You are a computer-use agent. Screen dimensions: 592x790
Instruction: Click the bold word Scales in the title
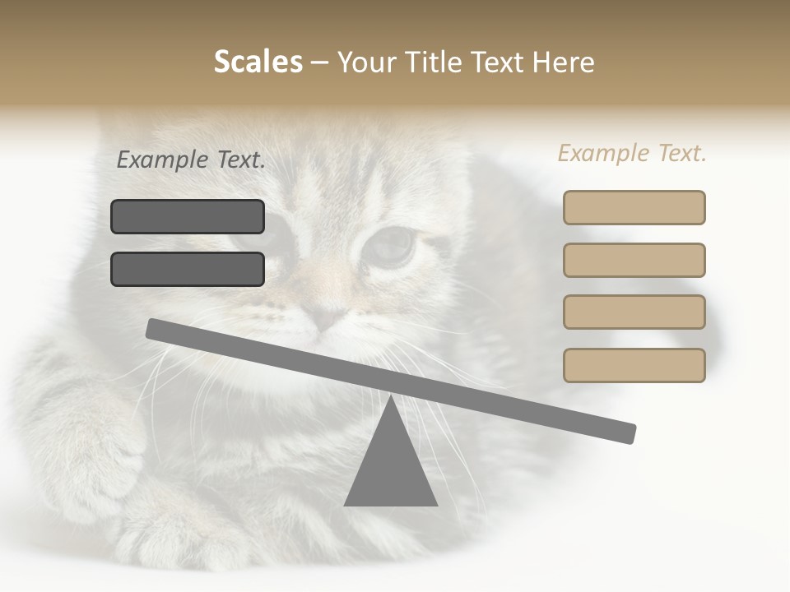pos(258,62)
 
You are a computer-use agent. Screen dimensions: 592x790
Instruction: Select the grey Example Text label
pos(191,160)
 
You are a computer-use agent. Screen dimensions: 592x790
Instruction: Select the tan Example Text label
pos(632,153)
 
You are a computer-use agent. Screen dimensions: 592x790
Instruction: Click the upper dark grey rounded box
pos(188,216)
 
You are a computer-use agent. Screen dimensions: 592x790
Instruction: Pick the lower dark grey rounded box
pos(188,269)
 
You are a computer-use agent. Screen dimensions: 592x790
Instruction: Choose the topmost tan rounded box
pos(634,207)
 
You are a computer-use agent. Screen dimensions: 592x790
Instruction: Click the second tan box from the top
pos(634,260)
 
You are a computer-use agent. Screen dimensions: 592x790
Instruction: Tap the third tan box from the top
pos(634,312)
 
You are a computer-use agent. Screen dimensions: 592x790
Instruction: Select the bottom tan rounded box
pos(634,365)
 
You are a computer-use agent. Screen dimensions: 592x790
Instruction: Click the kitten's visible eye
pos(390,244)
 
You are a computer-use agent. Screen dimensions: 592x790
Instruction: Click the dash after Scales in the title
pos(319,62)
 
